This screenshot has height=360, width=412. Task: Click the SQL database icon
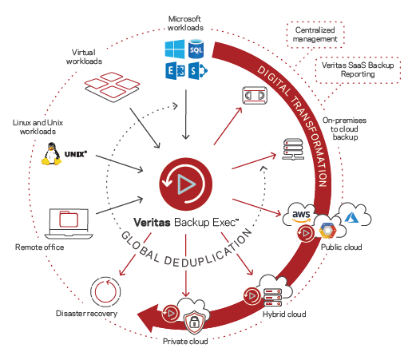[x=196, y=49]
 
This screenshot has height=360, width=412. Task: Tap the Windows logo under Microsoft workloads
[x=175, y=49]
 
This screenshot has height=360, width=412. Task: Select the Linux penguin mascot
[x=51, y=154]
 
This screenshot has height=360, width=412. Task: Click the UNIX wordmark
[x=76, y=154]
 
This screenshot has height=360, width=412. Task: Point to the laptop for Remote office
[x=69, y=224]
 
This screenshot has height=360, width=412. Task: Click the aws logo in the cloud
[x=301, y=216]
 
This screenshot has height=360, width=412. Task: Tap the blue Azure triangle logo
[x=351, y=217]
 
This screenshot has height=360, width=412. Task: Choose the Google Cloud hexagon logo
[x=327, y=231]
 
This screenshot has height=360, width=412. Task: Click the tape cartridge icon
[x=255, y=95]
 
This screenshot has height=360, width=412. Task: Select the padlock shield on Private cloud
[x=195, y=322]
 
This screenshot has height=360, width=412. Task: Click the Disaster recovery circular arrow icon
[x=105, y=291]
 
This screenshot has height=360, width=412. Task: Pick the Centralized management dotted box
[x=315, y=34]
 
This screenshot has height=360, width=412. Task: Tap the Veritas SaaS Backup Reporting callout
[x=358, y=69]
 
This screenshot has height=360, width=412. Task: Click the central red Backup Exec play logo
[x=186, y=184]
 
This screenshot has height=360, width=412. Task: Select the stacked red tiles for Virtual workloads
[x=112, y=87]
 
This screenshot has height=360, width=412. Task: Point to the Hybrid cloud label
[x=284, y=315]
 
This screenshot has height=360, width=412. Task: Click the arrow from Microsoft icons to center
[x=186, y=114]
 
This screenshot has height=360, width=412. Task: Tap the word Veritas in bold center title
[x=152, y=222]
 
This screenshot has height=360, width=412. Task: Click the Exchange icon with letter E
[x=175, y=71]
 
